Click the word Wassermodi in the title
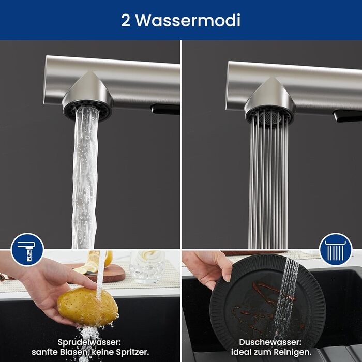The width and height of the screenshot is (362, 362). (x=188, y=20)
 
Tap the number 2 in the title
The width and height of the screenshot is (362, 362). (x=126, y=20)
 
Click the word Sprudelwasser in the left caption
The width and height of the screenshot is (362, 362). (x=89, y=342)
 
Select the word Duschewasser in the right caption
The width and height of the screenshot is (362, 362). (x=270, y=342)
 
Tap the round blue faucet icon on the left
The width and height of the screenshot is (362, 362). (x=27, y=250)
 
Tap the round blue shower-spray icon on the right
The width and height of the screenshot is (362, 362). (x=336, y=250)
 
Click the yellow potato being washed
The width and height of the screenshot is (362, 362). (x=87, y=307)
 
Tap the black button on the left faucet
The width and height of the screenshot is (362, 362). (x=165, y=109)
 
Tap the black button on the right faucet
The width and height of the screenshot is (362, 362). (x=347, y=116)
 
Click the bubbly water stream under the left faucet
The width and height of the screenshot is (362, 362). (x=85, y=178)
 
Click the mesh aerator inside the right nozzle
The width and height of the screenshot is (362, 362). (x=270, y=117)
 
